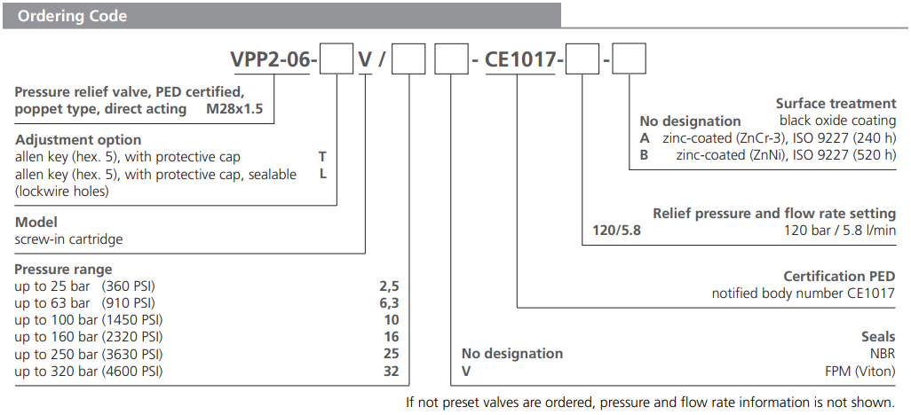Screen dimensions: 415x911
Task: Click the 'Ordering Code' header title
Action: [x=73, y=16]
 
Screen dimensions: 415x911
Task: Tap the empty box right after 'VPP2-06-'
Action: [x=336, y=60]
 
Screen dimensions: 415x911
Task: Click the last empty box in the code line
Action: [x=630, y=60]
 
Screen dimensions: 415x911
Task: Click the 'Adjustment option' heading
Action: [x=77, y=140]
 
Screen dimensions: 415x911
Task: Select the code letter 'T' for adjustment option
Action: [x=322, y=157]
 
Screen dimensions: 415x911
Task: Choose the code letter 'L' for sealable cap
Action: [x=323, y=174]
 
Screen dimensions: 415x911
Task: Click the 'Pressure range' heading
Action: [x=63, y=270]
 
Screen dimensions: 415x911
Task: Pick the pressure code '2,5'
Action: [x=389, y=286]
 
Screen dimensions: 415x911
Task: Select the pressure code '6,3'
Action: [x=389, y=303]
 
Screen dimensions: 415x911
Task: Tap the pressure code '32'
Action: [x=391, y=372]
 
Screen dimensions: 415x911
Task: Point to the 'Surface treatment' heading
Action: [x=836, y=104]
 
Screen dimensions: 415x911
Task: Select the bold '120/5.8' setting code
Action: [x=616, y=231]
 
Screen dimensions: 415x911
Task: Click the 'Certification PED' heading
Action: [x=839, y=277]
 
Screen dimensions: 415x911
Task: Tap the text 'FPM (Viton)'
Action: [x=860, y=371]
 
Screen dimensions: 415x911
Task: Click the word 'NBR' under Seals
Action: [x=882, y=354]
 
